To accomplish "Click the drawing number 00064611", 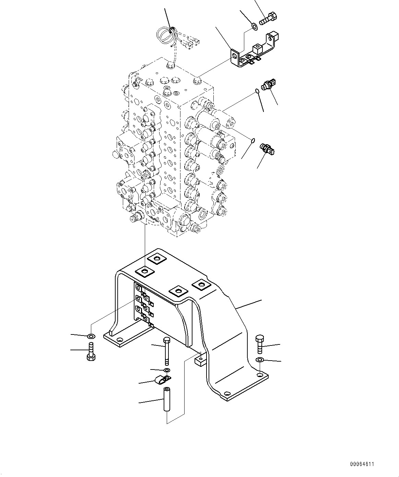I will tap(362, 464).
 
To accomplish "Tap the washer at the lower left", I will tap(91, 335).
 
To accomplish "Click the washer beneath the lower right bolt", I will tap(260, 360).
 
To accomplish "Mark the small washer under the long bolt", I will tap(167, 370).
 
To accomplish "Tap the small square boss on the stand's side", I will tap(199, 360).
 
